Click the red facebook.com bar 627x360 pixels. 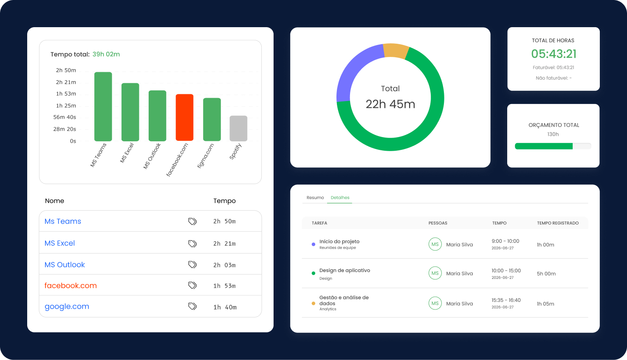click(184, 118)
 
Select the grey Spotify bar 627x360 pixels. click(238, 128)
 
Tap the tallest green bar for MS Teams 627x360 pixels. click(103, 107)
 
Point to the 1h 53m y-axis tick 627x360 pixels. click(66, 94)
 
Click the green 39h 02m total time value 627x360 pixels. click(106, 54)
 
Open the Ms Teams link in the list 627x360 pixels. click(63, 221)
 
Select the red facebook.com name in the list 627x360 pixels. click(71, 286)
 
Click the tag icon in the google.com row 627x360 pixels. click(192, 307)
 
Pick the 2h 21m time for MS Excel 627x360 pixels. click(224, 243)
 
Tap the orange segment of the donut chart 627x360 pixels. click(396, 51)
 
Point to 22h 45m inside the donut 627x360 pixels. click(390, 104)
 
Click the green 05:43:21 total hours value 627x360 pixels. click(554, 54)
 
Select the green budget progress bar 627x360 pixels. click(544, 146)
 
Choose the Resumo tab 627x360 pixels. click(315, 197)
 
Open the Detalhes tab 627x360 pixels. click(340, 197)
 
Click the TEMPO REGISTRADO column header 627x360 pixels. click(558, 223)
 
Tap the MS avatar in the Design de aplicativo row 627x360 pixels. click(435, 273)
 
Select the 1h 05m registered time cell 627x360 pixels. click(545, 304)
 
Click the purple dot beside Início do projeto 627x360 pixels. click(313, 244)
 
